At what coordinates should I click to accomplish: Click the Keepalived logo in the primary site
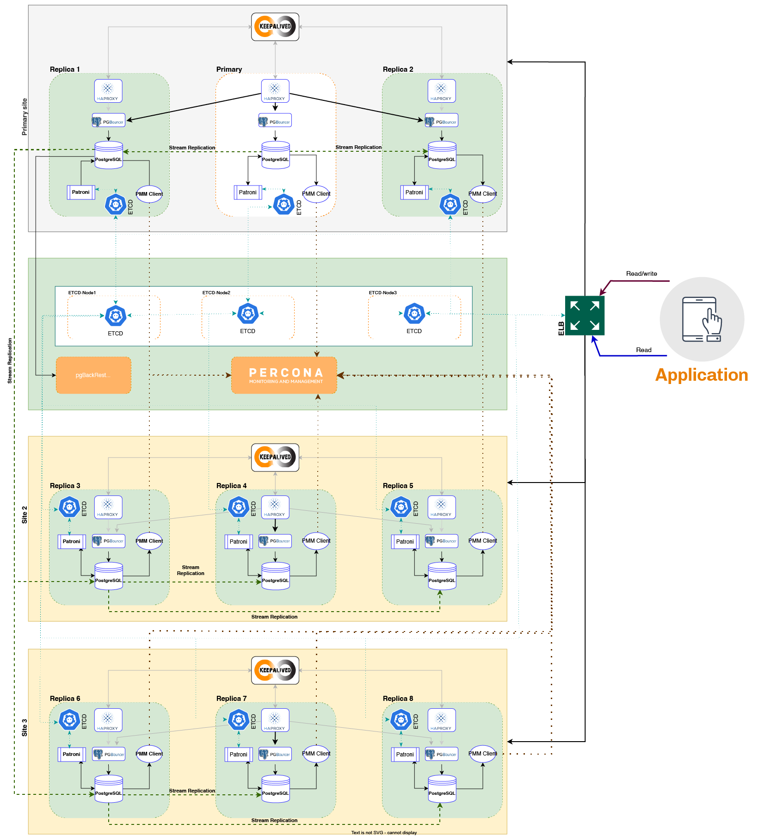click(x=275, y=27)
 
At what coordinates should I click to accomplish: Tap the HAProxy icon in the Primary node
click(x=275, y=91)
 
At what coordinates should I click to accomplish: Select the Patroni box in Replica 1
click(x=81, y=192)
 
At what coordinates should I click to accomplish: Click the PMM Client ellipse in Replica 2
click(x=482, y=194)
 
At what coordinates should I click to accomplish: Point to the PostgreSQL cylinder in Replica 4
click(x=276, y=576)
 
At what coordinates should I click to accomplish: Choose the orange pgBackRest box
click(x=93, y=375)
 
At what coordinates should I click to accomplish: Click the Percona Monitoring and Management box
click(x=284, y=375)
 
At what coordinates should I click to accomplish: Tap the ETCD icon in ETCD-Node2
click(x=248, y=314)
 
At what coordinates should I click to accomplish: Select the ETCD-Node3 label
click(x=382, y=293)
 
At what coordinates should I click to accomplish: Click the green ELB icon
click(x=585, y=316)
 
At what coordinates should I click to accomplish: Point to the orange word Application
click(x=702, y=375)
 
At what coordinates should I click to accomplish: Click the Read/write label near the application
click(x=641, y=274)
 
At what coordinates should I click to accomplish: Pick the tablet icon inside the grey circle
click(x=702, y=319)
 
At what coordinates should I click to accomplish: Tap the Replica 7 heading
click(x=231, y=699)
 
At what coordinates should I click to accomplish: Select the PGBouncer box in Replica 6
click(x=109, y=754)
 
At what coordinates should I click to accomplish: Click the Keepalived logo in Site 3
click(x=275, y=670)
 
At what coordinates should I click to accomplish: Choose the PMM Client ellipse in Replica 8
click(x=482, y=754)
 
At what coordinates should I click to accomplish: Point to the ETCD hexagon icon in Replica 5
click(x=401, y=507)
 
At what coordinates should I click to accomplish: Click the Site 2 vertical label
click(x=25, y=514)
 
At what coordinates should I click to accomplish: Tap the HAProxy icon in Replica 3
click(x=108, y=507)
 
